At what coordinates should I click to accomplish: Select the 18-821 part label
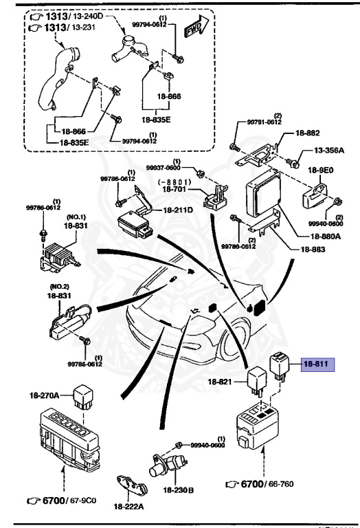(222, 380)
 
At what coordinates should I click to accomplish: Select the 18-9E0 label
(321, 168)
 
